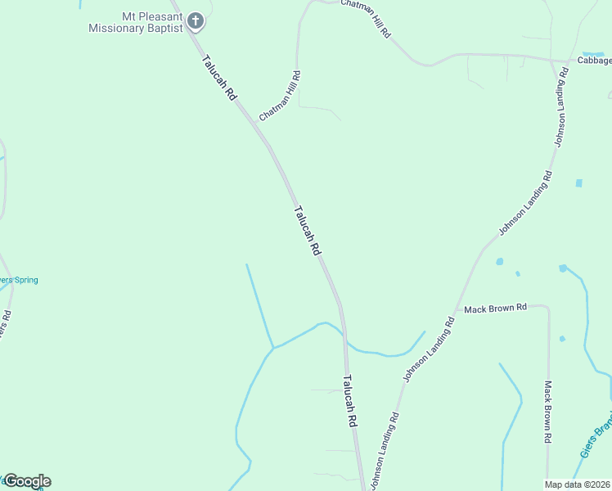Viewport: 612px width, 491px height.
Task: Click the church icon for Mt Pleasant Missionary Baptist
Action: click(x=196, y=20)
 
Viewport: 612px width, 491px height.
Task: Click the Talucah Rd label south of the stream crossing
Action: click(x=350, y=400)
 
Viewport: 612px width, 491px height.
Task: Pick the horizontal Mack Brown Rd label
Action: click(x=495, y=309)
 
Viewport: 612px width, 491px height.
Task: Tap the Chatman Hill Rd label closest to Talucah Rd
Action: click(x=281, y=96)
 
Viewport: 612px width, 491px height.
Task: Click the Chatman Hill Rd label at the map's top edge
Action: click(x=367, y=16)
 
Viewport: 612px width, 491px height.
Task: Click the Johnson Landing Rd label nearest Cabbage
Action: click(x=560, y=106)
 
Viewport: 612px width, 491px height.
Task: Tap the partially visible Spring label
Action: click(x=18, y=280)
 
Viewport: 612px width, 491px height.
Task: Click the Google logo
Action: click(x=26, y=481)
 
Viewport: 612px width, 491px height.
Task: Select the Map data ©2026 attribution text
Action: click(x=577, y=484)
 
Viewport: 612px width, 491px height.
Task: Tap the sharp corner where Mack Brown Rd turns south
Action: click(x=547, y=309)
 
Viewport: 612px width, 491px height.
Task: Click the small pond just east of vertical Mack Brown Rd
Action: click(x=562, y=338)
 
